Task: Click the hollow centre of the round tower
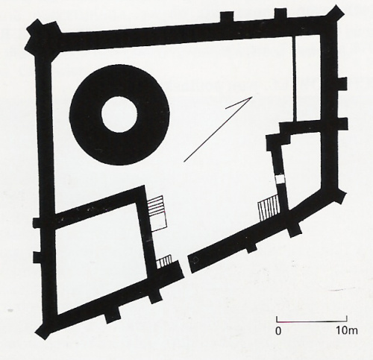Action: pyautogui.click(x=119, y=114)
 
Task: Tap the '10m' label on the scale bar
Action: pyautogui.click(x=347, y=331)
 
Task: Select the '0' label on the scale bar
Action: pyautogui.click(x=278, y=331)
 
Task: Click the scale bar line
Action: pyautogui.click(x=312, y=321)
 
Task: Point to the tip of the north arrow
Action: pyautogui.click(x=252, y=97)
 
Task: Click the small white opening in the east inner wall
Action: pyautogui.click(x=280, y=179)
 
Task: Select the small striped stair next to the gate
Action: pyautogui.click(x=164, y=262)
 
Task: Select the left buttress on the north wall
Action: pyautogui.click(x=227, y=17)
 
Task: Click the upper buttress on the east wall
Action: pyautogui.click(x=342, y=83)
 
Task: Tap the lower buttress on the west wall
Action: pyautogui.click(x=38, y=257)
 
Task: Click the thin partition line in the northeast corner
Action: pyautogui.click(x=295, y=80)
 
